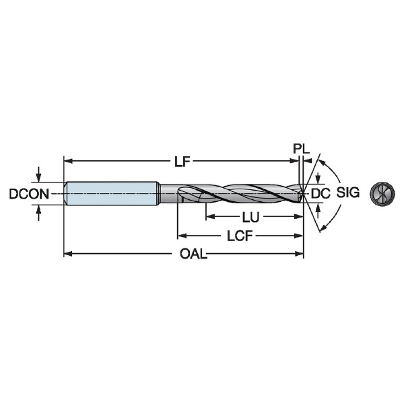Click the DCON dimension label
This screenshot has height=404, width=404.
(x=29, y=194)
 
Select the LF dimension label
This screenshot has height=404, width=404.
(x=182, y=162)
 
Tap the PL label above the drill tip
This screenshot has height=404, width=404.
(x=301, y=148)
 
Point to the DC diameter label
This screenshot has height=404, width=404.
(x=321, y=193)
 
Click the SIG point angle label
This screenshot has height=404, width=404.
(x=348, y=193)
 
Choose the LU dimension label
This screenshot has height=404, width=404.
(x=250, y=217)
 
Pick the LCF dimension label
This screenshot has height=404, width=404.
(x=240, y=236)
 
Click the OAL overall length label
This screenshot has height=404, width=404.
(x=193, y=254)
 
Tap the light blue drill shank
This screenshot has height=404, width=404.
(x=112, y=193)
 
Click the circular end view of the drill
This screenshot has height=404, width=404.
(x=382, y=194)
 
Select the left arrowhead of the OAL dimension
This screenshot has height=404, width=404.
(x=68, y=254)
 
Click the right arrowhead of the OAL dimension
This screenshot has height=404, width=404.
(x=300, y=254)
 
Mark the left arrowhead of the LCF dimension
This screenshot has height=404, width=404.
(x=182, y=236)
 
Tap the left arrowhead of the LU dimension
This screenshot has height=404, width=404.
(x=210, y=217)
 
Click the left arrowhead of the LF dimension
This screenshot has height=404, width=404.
(x=68, y=162)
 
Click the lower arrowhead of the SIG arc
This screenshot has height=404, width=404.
(x=323, y=226)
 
